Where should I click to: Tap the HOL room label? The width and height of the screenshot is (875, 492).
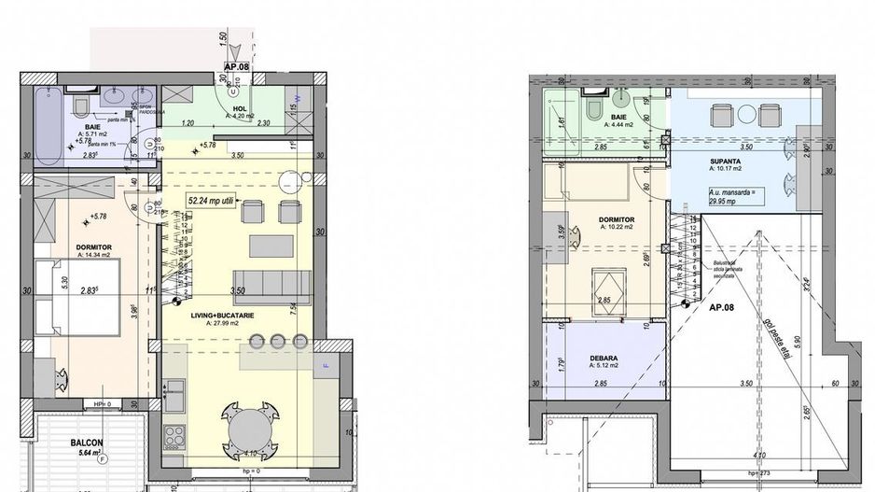pyautogui.click(x=240, y=108)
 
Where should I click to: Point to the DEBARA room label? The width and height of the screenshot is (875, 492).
pyautogui.click(x=605, y=356)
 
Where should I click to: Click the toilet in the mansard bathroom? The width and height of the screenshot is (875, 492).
pyautogui.click(x=591, y=107)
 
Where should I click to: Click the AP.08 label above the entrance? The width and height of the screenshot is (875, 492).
pyautogui.click(x=235, y=67)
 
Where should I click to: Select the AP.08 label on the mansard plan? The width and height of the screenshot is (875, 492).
pyautogui.click(x=726, y=307)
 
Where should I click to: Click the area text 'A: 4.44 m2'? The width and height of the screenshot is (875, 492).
pyautogui.click(x=620, y=123)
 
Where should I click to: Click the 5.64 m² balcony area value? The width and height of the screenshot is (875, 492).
pyautogui.click(x=89, y=456)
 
